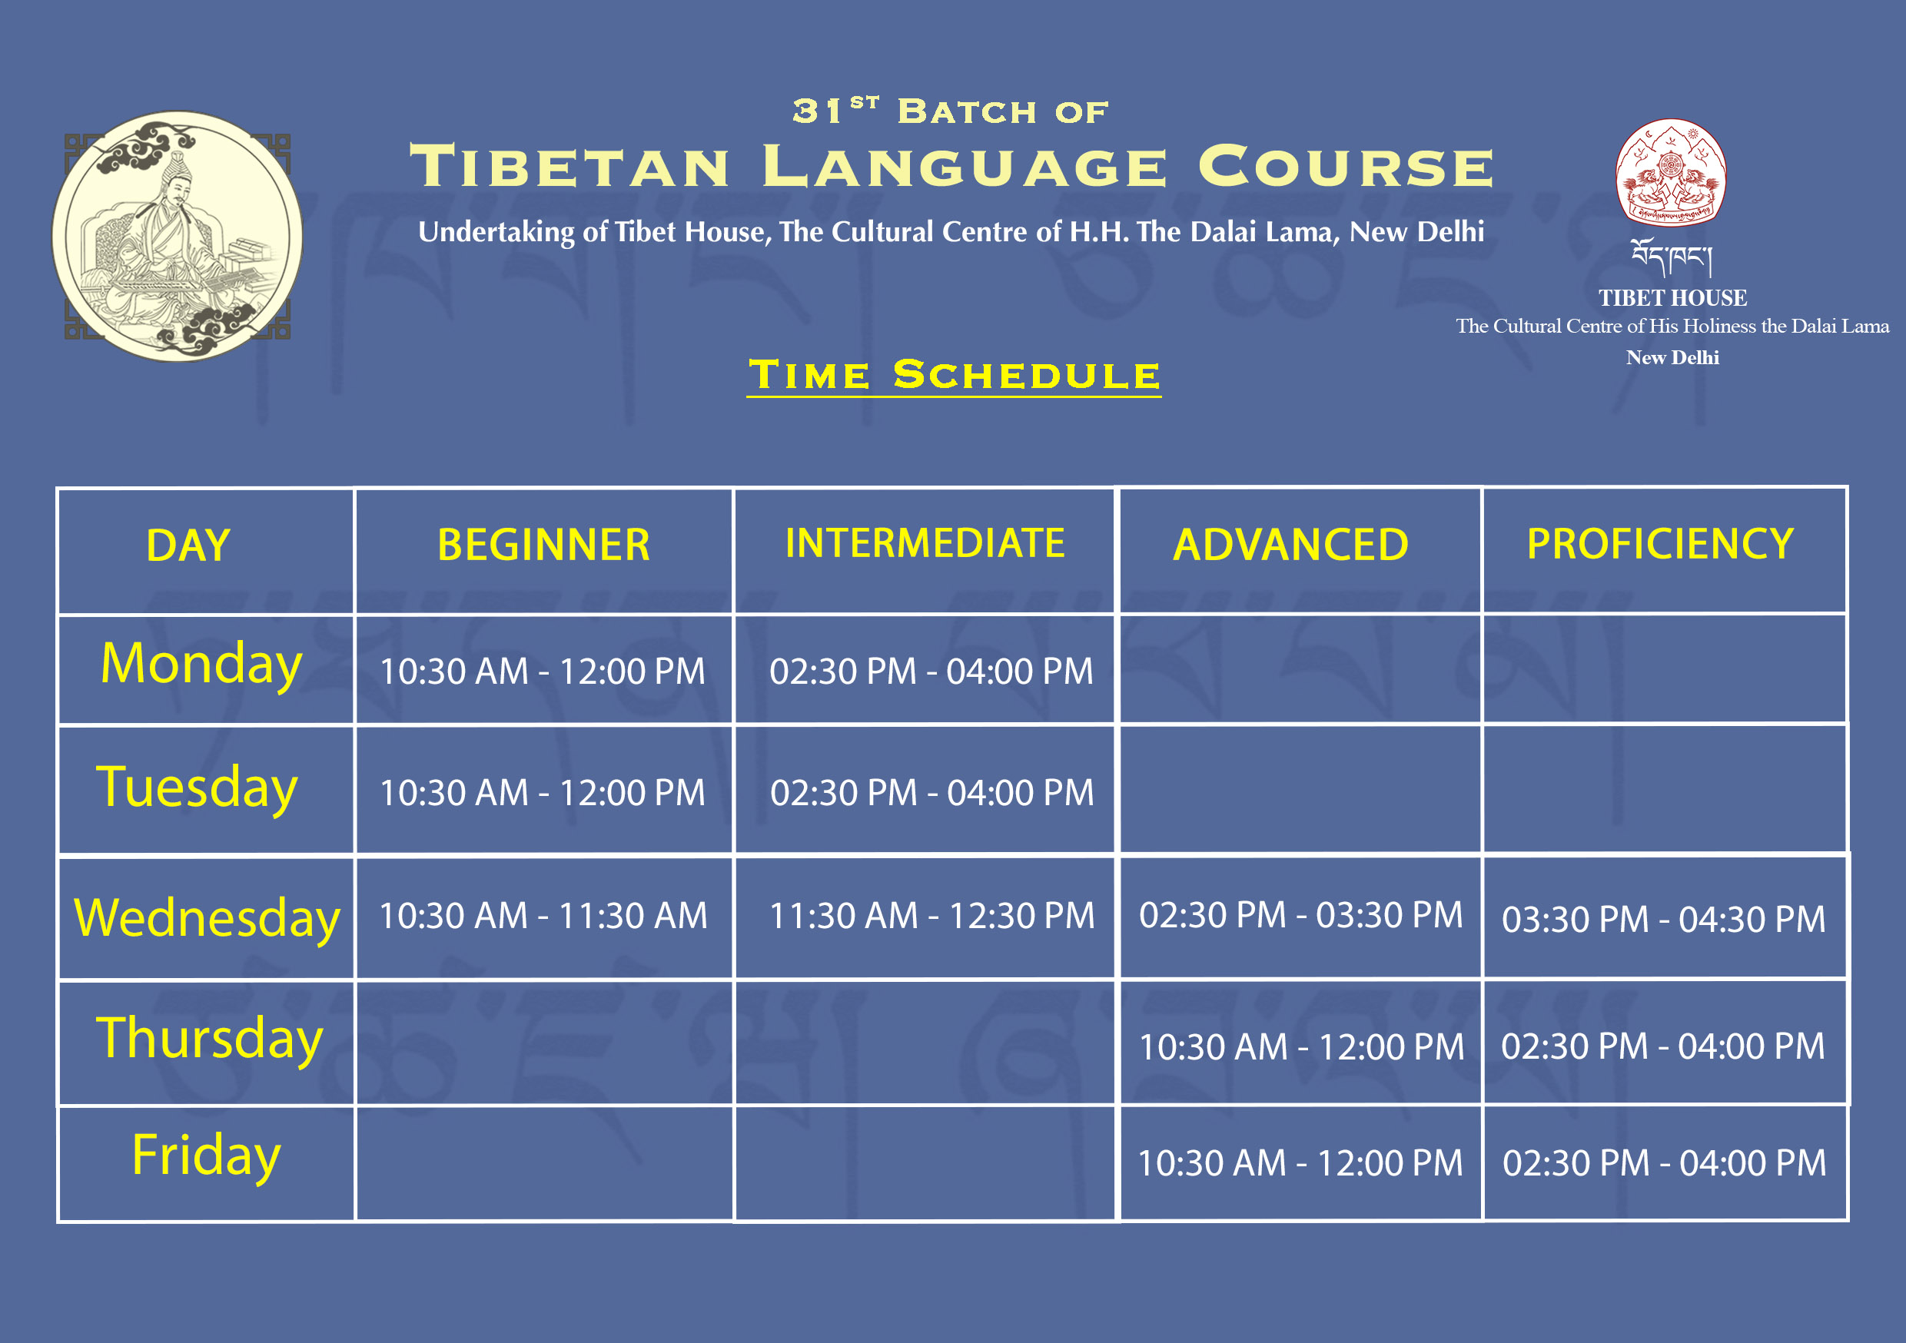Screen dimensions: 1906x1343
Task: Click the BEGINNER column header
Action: (x=543, y=545)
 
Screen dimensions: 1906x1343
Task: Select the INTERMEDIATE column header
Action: (x=925, y=543)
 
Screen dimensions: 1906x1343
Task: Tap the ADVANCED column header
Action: (x=1291, y=545)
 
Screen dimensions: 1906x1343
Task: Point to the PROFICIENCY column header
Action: (x=1660, y=544)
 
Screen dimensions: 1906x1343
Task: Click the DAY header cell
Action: (x=188, y=545)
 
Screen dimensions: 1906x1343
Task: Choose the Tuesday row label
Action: (x=197, y=788)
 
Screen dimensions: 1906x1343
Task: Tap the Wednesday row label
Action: (x=207, y=918)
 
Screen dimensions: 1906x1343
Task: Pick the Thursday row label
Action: (x=209, y=1040)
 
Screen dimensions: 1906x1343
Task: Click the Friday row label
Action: (x=207, y=1156)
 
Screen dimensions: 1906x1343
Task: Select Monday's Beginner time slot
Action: (x=542, y=671)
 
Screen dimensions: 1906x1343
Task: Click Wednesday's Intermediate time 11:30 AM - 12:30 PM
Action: (x=931, y=916)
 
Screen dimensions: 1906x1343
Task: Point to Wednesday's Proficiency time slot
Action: (x=1664, y=919)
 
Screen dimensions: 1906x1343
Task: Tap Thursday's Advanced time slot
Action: (x=1301, y=1046)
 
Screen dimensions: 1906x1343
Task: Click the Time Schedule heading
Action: (x=954, y=375)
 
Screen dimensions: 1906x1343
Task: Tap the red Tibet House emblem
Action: (x=1671, y=173)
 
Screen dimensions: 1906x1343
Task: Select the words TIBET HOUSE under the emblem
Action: (x=1672, y=298)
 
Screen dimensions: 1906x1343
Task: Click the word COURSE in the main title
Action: (x=1346, y=166)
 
